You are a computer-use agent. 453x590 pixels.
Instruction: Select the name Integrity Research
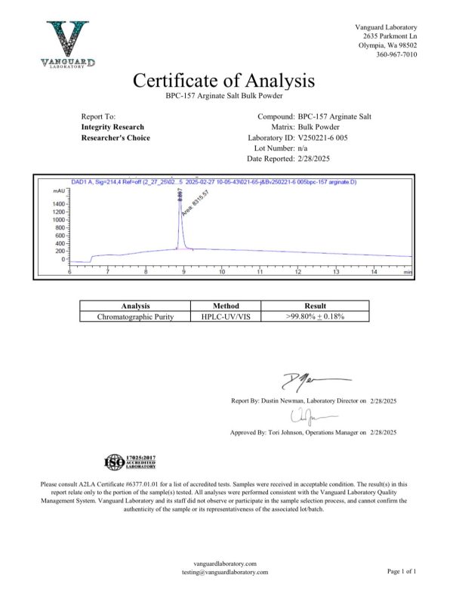(112, 127)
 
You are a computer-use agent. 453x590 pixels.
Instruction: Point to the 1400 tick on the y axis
(58, 204)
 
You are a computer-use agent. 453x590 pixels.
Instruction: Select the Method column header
(220, 306)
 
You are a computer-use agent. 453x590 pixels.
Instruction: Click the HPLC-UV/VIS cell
(220, 317)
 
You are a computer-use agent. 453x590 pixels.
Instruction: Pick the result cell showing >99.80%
(315, 317)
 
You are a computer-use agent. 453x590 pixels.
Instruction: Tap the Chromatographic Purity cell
(136, 317)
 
